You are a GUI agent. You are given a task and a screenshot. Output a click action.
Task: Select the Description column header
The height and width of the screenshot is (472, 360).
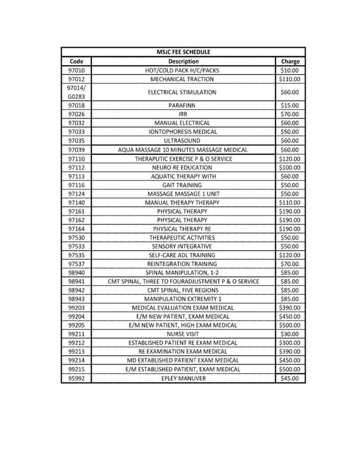[x=183, y=61]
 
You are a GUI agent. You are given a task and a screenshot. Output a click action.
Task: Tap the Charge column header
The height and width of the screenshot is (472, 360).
[x=290, y=61]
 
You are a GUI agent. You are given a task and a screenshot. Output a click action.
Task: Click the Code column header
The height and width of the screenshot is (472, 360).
[x=76, y=61]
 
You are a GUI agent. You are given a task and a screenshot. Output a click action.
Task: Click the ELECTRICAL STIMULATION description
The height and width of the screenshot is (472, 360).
[x=183, y=92]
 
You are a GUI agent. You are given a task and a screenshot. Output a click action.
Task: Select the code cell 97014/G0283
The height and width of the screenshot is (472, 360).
[x=76, y=92]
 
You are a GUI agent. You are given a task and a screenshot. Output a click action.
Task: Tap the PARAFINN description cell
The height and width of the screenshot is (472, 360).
[x=183, y=106]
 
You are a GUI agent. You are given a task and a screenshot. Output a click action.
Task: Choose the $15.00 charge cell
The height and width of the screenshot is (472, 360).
[x=290, y=106]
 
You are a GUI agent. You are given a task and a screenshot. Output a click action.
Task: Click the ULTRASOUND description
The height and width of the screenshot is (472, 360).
[x=183, y=140]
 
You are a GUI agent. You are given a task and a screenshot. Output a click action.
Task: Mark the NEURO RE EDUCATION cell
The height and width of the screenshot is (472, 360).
[x=183, y=167]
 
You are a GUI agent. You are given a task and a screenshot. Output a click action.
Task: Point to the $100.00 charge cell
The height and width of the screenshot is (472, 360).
[x=290, y=167]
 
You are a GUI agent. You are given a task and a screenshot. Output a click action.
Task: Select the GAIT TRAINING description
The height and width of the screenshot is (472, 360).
[x=183, y=185]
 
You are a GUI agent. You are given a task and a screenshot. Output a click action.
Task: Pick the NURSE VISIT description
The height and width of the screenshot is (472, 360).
[x=183, y=334]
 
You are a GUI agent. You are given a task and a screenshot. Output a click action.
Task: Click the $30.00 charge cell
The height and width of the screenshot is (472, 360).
[x=290, y=334]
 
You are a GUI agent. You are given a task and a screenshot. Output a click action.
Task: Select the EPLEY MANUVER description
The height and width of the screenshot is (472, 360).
[x=183, y=378]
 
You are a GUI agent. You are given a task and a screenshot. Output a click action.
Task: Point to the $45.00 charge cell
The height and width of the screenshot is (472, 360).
[x=290, y=378]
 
